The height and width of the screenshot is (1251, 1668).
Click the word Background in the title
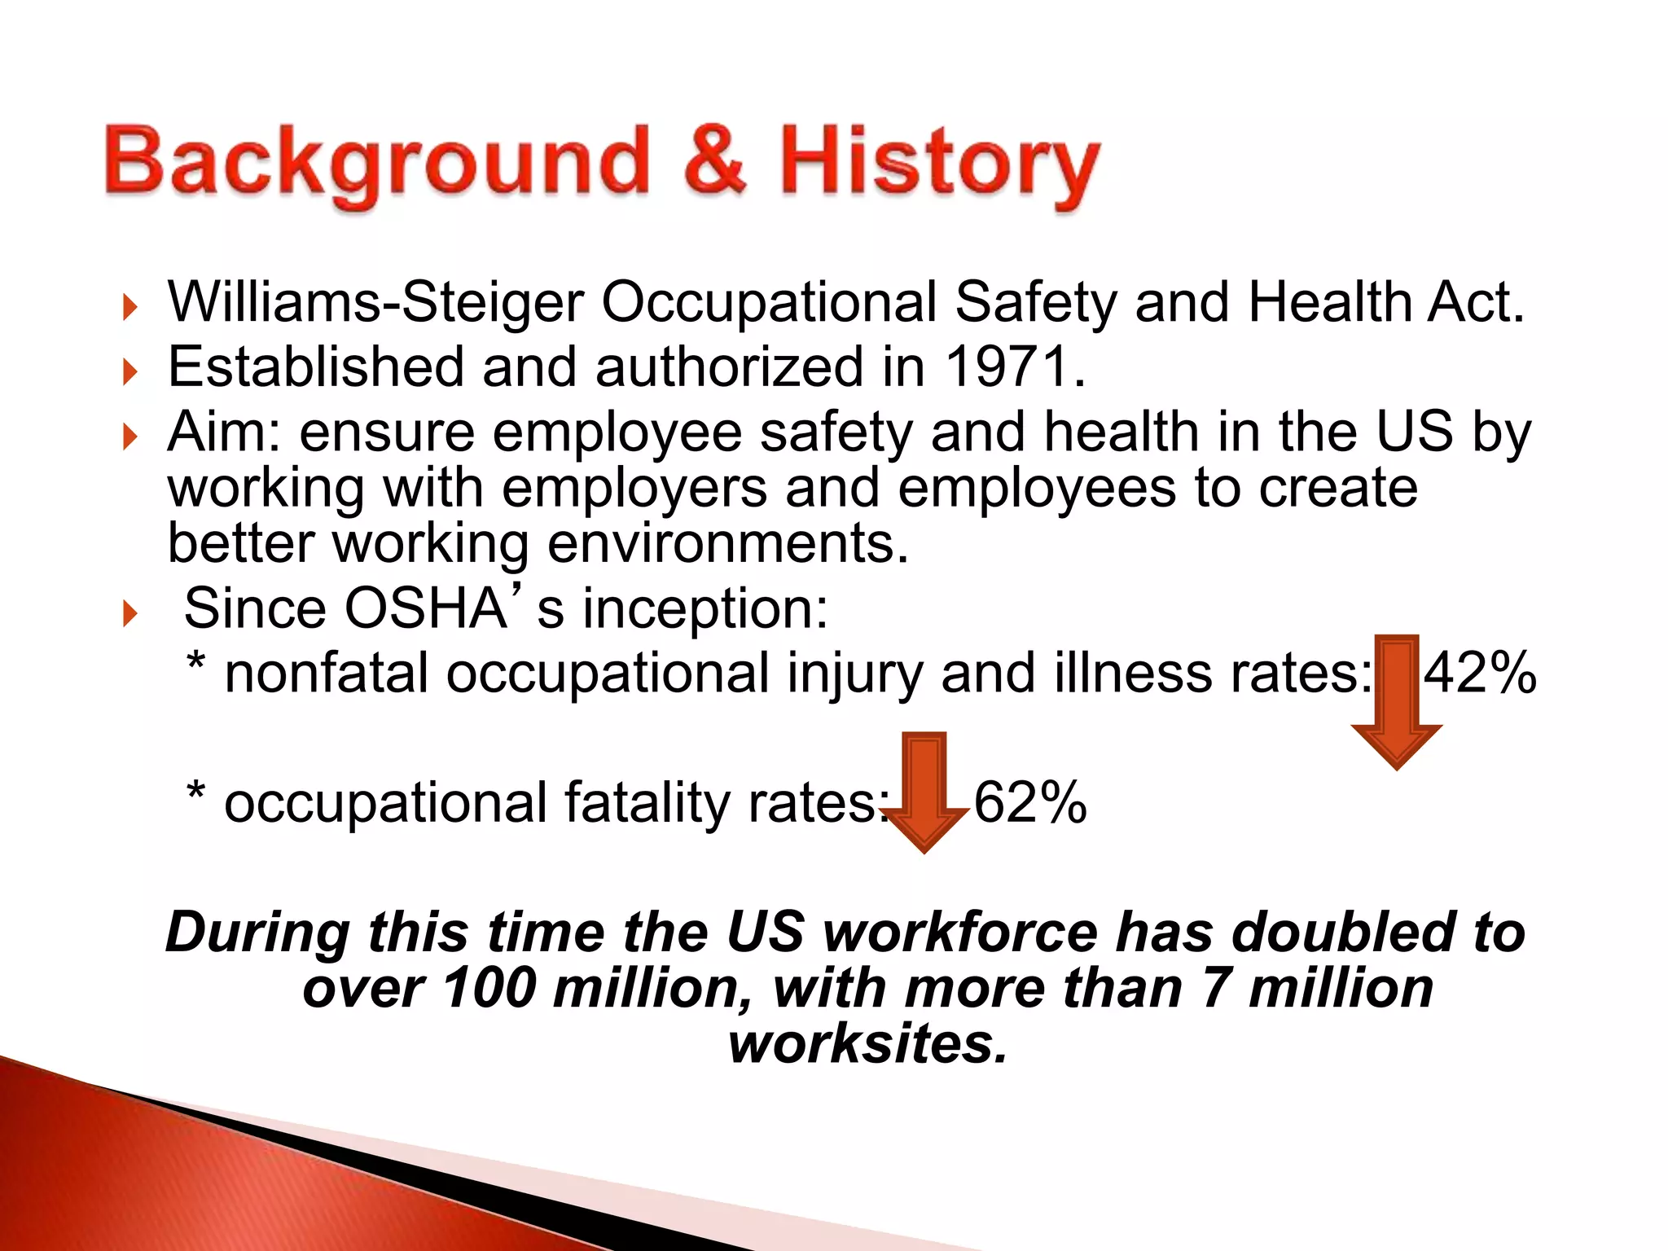[x=376, y=163]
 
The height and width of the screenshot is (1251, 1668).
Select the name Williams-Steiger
[x=375, y=303]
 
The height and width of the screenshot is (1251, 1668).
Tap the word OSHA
[x=426, y=608]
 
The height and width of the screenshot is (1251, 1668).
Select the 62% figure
[x=1030, y=802]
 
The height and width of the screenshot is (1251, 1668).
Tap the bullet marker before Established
[x=129, y=372]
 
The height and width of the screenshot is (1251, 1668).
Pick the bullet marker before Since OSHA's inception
[x=129, y=613]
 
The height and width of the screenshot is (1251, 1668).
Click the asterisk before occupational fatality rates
[x=195, y=792]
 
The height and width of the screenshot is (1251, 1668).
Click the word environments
[x=727, y=543]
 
